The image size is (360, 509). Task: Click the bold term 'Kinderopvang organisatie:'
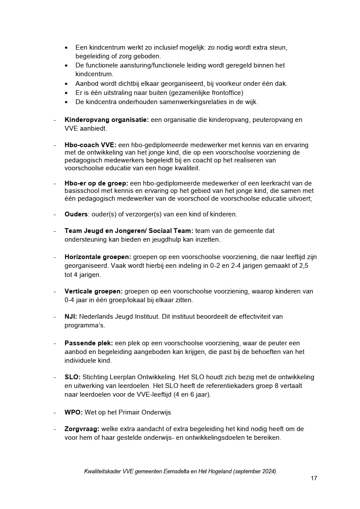[x=107, y=120]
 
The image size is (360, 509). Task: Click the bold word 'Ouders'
[x=76, y=214]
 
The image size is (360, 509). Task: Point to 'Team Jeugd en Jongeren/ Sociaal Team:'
[x=129, y=231]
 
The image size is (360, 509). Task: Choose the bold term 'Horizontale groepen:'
[x=98, y=257]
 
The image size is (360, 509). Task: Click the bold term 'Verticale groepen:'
[x=94, y=291]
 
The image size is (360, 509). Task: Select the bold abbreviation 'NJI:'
[x=71, y=317]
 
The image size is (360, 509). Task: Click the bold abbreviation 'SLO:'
[x=73, y=377]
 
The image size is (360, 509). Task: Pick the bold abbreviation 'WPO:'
[x=74, y=412]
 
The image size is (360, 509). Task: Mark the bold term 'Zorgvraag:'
[x=82, y=429]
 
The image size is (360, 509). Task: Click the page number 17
[x=314, y=478]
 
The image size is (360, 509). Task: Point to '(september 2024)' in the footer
[x=255, y=471]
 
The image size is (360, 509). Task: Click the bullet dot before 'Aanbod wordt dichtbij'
[x=66, y=84]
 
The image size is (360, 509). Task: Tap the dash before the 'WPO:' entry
[x=55, y=412]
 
